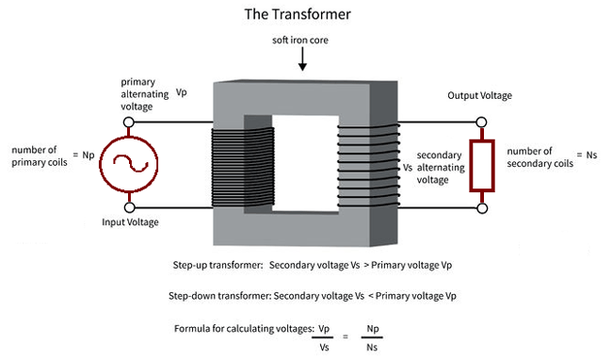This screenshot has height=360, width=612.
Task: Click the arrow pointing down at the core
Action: (302, 61)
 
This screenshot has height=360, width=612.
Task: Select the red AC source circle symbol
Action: (130, 166)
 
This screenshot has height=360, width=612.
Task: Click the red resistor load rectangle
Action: (483, 166)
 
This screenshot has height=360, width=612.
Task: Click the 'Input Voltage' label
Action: (130, 222)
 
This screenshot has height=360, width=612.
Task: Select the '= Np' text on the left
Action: (82, 154)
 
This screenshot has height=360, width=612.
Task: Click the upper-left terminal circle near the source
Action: (130, 122)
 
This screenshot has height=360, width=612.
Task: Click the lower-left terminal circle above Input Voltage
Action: (130, 207)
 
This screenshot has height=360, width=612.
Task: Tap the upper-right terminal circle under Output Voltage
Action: (483, 122)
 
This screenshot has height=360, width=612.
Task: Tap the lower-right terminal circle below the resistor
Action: (483, 207)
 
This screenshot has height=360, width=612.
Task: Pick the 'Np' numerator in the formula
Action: (374, 329)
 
